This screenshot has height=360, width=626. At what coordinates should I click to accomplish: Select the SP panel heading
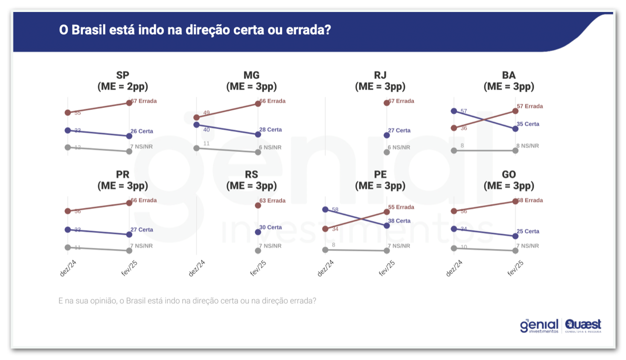pyautogui.click(x=122, y=75)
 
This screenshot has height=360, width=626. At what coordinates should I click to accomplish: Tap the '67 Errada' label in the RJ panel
pyautogui.click(x=401, y=101)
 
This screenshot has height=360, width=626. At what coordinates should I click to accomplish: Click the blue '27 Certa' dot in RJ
pyautogui.click(x=386, y=135)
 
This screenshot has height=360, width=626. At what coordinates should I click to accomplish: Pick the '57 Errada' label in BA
pyautogui.click(x=530, y=106)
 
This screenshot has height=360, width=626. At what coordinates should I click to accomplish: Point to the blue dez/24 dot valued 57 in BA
pyautogui.click(x=453, y=111)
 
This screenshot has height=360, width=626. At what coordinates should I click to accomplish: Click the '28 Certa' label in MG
pyautogui.click(x=270, y=130)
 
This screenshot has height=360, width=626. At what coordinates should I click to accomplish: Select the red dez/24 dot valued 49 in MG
pyautogui.click(x=196, y=117)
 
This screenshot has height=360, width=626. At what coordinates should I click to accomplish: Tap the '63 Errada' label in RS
pyautogui.click(x=272, y=201)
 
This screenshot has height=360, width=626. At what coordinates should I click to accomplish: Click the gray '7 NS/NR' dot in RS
pyautogui.click(x=258, y=250)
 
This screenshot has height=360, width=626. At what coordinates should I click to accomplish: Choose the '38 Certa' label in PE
pyautogui.click(x=399, y=221)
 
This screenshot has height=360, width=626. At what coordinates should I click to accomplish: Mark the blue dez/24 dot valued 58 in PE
pyautogui.click(x=325, y=209)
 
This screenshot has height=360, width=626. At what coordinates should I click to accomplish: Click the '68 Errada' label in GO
pyautogui.click(x=530, y=200)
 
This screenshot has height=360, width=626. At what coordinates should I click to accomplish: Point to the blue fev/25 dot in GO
pyautogui.click(x=515, y=236)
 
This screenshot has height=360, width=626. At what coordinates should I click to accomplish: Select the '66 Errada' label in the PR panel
pyautogui.click(x=143, y=200)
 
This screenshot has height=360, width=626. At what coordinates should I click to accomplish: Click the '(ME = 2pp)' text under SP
pyautogui.click(x=122, y=86)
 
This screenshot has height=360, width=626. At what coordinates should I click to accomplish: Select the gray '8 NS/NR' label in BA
pyautogui.click(x=528, y=146)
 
